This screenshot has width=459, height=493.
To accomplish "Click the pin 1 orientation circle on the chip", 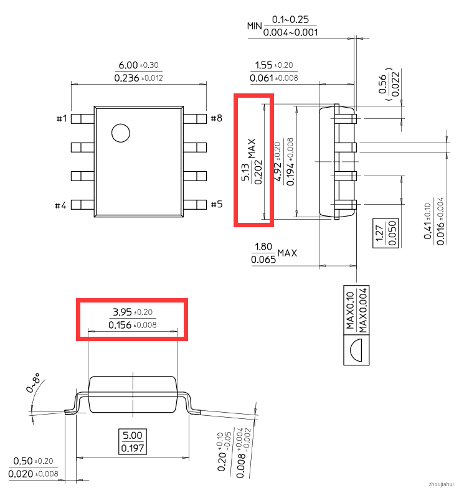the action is click(121, 133).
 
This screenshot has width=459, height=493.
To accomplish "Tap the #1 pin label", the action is click(62, 118).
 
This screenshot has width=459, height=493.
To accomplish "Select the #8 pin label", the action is click(217, 118).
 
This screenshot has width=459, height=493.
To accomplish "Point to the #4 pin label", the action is click(60, 205).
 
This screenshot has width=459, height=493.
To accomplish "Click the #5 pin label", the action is click(217, 204).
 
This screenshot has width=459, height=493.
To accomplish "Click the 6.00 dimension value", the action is click(128, 65).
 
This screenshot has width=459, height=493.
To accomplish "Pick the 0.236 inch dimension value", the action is click(126, 78).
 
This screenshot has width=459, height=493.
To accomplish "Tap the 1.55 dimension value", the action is click(263, 65).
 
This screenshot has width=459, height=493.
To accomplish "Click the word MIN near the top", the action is click(255, 26).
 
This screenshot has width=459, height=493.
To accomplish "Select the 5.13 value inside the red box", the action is click(245, 172).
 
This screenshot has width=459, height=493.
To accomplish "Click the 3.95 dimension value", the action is click(122, 312).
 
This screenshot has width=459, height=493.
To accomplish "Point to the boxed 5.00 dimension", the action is click(133, 436).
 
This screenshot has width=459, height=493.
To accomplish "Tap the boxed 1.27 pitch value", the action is click(379, 233).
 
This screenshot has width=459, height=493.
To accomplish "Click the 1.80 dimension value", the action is click(263, 247).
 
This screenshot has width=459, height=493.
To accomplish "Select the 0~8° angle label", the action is click(33, 383).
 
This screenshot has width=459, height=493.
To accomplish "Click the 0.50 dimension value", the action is click(23, 461).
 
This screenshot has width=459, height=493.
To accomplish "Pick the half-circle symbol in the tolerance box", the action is click(356, 350).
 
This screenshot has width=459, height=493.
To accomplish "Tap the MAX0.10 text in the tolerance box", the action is click(350, 311).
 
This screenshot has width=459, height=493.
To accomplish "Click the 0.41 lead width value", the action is click(427, 231).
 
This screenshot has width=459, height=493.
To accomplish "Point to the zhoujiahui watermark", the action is click(441, 484).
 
